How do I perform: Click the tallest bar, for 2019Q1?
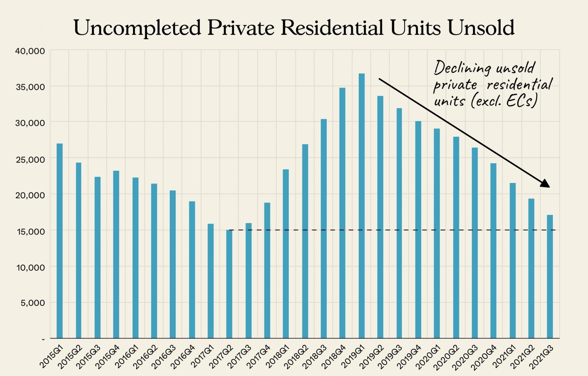362,206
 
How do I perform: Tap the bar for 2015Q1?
60,241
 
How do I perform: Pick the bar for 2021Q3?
550,276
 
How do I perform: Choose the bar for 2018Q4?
343,213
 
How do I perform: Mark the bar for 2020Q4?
493,251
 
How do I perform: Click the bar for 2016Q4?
192,270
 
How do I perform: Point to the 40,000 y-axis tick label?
30,51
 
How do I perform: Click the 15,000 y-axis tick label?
30,231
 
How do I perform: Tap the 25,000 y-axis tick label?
30,159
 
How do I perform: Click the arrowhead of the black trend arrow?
545,184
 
